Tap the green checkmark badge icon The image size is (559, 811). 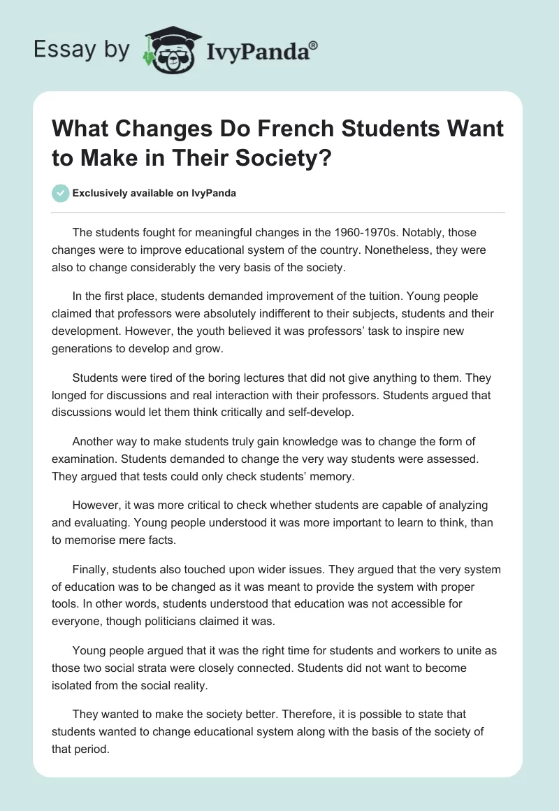61,193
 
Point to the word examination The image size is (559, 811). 87,458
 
